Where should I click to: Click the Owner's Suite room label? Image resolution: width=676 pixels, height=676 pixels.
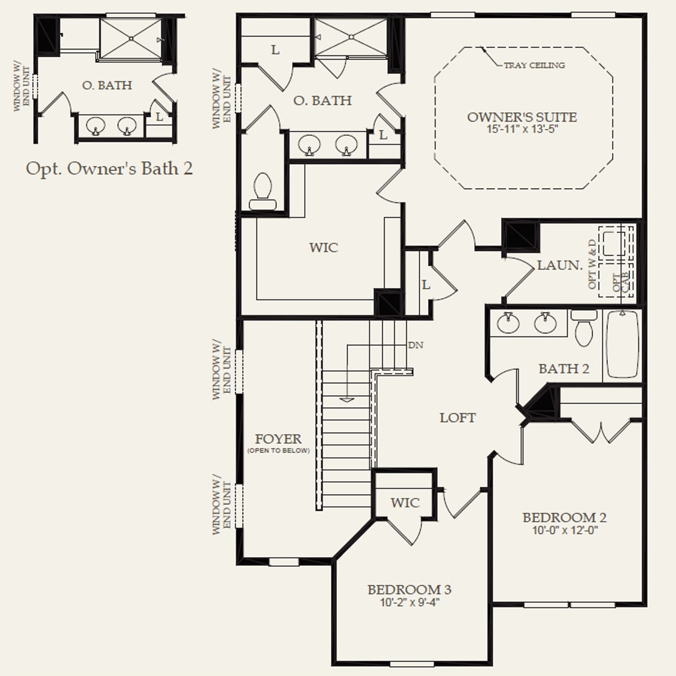(x=522, y=117)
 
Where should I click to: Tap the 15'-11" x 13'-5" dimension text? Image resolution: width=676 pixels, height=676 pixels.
(x=522, y=129)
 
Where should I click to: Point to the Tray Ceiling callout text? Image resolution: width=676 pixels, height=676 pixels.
(x=534, y=65)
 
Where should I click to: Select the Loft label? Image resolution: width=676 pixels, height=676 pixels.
(x=457, y=418)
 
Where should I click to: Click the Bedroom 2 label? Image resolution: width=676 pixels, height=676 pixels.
(x=564, y=517)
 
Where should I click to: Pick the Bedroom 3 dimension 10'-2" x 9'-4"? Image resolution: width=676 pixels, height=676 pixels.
(x=410, y=602)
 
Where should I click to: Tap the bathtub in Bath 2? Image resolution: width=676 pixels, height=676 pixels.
(x=623, y=345)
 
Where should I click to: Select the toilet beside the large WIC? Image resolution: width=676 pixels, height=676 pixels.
(x=263, y=191)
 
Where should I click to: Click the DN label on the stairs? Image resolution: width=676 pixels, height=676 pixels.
(x=416, y=345)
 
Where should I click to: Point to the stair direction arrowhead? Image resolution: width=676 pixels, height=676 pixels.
(x=347, y=400)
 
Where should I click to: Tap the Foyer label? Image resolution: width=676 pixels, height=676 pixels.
(x=278, y=439)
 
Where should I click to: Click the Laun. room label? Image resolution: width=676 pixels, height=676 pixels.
(x=559, y=265)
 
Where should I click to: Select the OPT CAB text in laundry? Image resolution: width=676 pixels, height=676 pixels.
(x=621, y=282)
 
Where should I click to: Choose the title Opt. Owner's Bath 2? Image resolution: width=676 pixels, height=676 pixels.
(x=110, y=169)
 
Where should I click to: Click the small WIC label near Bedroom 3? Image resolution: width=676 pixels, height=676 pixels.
(x=405, y=503)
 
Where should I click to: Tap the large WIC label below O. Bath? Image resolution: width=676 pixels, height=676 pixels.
(x=323, y=248)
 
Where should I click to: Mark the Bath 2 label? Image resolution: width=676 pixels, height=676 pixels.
(x=564, y=369)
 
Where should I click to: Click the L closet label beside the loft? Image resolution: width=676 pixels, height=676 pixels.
(x=426, y=285)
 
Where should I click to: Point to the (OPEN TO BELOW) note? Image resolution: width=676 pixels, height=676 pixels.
(x=279, y=450)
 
